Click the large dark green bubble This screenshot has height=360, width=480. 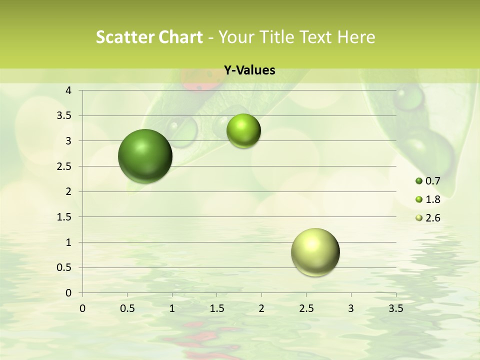pos(145,155)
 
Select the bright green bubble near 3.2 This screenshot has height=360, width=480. pos(243,130)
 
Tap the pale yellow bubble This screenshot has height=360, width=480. pos(315,252)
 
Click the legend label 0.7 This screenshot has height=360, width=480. pos(432,181)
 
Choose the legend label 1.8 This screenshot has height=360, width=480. pos(432,199)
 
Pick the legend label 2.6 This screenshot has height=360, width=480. pos(432,218)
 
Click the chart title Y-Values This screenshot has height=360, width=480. pos(249,70)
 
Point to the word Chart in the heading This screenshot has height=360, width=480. pos(180,37)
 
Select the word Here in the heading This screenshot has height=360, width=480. pos(355,37)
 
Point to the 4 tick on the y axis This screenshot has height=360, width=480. pos(68,90)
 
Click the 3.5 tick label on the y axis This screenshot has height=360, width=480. pos(65,116)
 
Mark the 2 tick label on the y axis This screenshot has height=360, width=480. pos(68,191)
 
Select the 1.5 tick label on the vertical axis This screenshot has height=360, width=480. pos(65,217)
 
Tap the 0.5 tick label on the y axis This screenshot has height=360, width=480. pos(65,267)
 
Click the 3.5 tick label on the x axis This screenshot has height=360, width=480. pos(395,308)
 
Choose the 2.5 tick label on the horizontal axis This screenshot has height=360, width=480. pos(306,308)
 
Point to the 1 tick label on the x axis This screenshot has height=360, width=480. pos(172,308)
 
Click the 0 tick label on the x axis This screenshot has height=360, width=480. pos(82,308)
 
